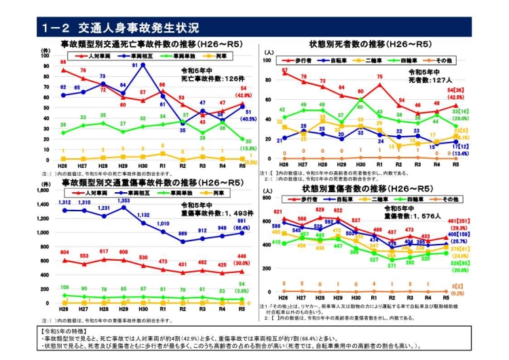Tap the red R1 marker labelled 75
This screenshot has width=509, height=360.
[380, 86]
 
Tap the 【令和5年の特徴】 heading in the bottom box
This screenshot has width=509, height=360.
[69, 331]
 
